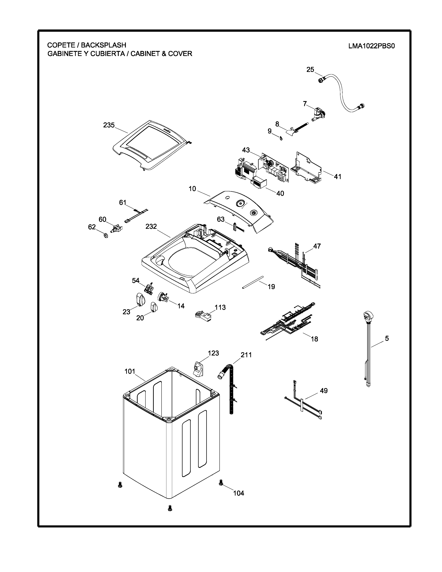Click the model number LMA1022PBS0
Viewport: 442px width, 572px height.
tap(371, 46)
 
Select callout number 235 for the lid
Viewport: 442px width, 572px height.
tap(109, 125)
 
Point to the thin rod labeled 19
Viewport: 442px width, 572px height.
tap(253, 282)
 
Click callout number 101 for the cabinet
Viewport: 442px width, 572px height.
tap(130, 371)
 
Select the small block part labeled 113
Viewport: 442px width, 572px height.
tap(203, 316)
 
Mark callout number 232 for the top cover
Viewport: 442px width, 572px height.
tap(151, 227)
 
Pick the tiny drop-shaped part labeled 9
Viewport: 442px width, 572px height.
tap(281, 138)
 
